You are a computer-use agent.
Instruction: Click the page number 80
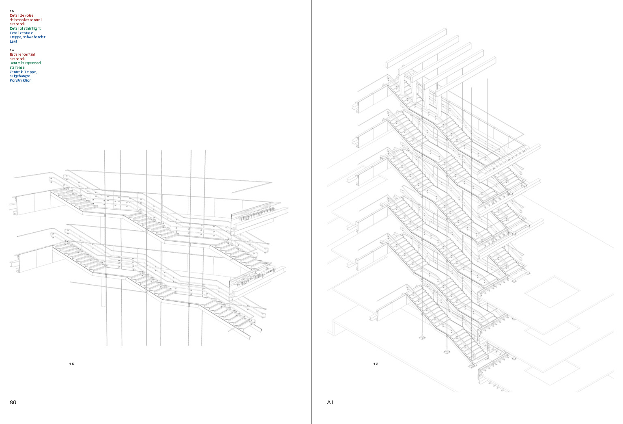[x=13, y=402]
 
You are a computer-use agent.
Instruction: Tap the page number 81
[x=330, y=402]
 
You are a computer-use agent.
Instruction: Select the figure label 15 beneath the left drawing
[x=71, y=364]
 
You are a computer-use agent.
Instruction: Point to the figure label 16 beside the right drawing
[x=376, y=364]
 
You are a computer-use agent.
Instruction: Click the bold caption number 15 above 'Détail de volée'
[x=12, y=11]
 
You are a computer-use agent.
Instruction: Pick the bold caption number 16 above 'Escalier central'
[x=12, y=50]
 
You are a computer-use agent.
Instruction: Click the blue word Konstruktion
[x=21, y=80]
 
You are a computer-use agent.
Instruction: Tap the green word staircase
[x=17, y=67]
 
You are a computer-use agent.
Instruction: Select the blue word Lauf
[x=13, y=41]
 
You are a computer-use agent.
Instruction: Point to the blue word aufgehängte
[x=20, y=76]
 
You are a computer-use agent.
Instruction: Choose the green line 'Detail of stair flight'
[x=25, y=28]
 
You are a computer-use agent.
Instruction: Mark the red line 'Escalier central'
[x=22, y=54]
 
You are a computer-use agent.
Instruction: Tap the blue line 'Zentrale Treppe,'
[x=23, y=72]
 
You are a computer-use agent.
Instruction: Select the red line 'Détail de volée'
[x=21, y=15]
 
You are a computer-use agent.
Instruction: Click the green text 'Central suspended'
[x=25, y=63]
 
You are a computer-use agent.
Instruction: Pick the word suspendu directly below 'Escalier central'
[x=17, y=59]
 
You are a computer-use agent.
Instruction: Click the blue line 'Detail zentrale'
[x=21, y=33]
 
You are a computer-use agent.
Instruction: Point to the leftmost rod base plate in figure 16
[x=422, y=337]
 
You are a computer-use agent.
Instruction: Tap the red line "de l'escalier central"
[x=26, y=20]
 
